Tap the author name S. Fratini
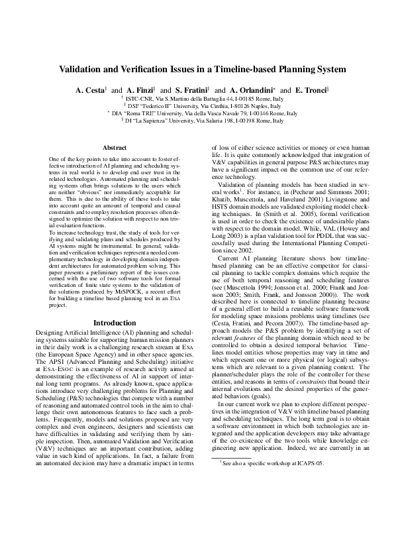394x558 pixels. click(x=192, y=89)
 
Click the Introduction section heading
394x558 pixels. click(x=115, y=323)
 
